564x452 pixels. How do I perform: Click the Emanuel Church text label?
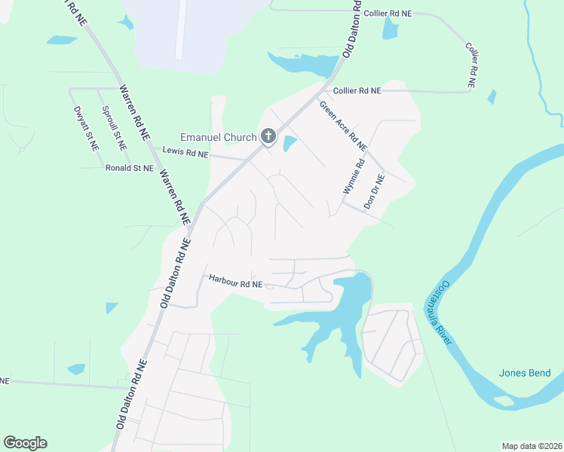(218, 137)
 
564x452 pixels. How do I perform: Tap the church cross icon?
(268, 136)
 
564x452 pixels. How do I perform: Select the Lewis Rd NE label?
(184, 153)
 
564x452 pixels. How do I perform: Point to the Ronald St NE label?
(129, 167)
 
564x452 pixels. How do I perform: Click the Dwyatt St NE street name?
(87, 127)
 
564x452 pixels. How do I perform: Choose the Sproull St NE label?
(114, 124)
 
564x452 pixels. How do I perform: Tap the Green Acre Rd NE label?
(343, 125)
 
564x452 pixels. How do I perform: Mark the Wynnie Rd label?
(354, 176)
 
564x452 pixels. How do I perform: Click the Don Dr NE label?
(374, 191)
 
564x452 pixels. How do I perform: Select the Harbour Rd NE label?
(235, 284)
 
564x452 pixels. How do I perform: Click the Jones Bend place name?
(525, 373)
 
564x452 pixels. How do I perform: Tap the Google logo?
(25, 443)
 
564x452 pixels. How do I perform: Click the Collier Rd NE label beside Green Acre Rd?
(357, 90)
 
